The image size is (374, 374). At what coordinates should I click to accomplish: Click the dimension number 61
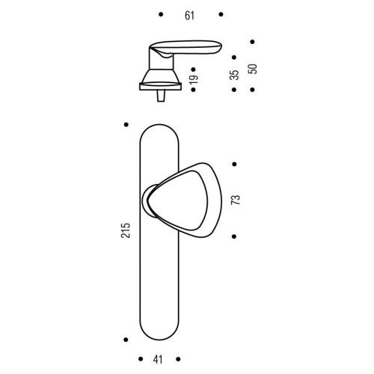click(x=190, y=15)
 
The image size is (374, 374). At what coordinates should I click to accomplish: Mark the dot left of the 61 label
click(x=162, y=15)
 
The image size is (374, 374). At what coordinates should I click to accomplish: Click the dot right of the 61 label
click(x=219, y=15)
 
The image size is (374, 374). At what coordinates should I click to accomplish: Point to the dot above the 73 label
click(x=236, y=163)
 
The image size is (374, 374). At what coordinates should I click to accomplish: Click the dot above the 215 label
click(x=126, y=124)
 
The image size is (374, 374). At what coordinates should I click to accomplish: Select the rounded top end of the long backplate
click(x=159, y=131)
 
